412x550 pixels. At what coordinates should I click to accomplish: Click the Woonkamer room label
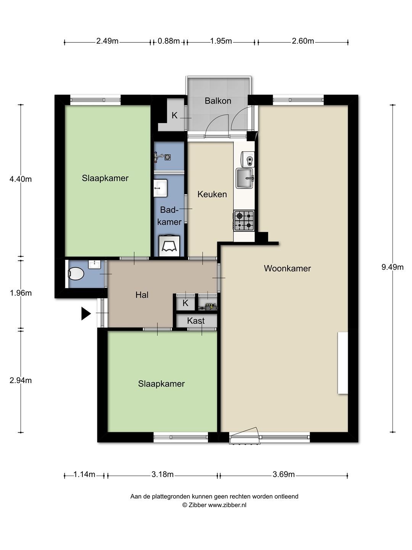287,269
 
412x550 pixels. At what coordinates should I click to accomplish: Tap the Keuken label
212,194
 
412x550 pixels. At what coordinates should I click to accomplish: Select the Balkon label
217,101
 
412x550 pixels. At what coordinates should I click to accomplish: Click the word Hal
142,294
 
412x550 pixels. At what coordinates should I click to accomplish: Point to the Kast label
196,321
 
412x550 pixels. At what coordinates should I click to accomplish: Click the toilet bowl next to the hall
76,273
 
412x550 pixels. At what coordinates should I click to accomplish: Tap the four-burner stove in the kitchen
244,220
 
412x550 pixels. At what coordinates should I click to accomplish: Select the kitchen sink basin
245,178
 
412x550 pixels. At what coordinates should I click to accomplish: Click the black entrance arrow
86,314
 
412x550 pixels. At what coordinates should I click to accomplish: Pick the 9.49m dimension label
392,267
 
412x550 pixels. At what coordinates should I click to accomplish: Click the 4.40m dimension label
21,179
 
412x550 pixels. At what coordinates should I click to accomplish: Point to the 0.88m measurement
169,41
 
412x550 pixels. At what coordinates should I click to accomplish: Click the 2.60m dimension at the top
303,41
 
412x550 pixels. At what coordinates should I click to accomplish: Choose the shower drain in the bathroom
167,157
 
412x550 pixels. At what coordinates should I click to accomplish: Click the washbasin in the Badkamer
160,188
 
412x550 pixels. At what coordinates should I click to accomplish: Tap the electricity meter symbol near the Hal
209,306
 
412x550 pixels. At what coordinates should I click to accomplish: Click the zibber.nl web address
227,505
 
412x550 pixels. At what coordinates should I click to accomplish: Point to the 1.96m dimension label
21,293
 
